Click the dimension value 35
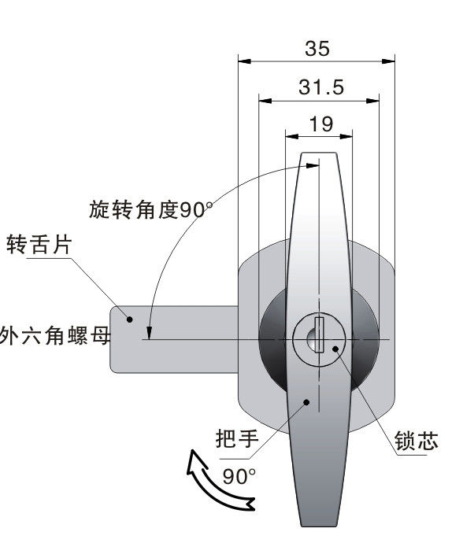pyautogui.click(x=317, y=49)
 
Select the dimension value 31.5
pyautogui.click(x=321, y=87)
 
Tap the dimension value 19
pyautogui.click(x=321, y=124)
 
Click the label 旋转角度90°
pyautogui.click(x=150, y=210)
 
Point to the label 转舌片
pyautogui.click(x=39, y=244)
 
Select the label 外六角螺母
pyautogui.click(x=55, y=336)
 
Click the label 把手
pyautogui.click(x=237, y=439)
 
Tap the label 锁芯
pyautogui.click(x=417, y=441)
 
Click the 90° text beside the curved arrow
pyautogui.click(x=239, y=476)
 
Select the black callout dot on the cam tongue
pyautogui.click(x=130, y=319)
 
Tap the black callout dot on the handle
pyautogui.click(x=307, y=402)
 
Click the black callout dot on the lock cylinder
pyautogui.click(x=335, y=349)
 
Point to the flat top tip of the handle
pyautogui.click(x=318, y=153)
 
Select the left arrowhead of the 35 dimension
pyautogui.click(x=245, y=61)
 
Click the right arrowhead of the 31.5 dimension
pyautogui.click(x=372, y=101)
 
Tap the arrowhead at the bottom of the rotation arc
pyautogui.click(x=149, y=333)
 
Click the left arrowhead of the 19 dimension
pyautogui.click(x=292, y=136)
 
